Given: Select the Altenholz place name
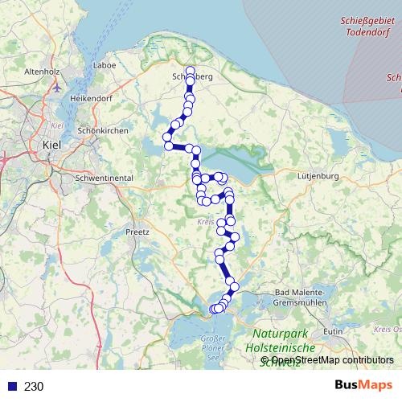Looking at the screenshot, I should point(43,72).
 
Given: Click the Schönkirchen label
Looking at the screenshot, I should point(99,130).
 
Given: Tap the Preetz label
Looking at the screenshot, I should point(137,231).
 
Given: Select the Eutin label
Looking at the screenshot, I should point(332,330).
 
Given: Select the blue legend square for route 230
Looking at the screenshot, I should point(11,387).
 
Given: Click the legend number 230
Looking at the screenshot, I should point(34,387).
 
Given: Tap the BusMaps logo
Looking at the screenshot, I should point(363,386).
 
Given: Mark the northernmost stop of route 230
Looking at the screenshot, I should point(191,70).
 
